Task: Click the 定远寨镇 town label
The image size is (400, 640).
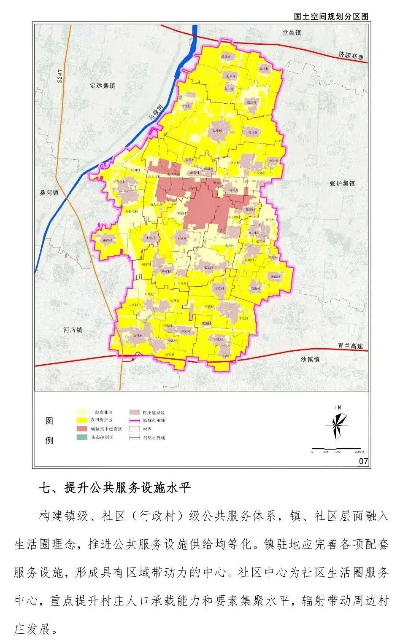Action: pos(102,86)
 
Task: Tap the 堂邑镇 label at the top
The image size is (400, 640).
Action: pos(292,32)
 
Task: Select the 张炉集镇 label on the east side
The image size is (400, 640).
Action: pos(342,183)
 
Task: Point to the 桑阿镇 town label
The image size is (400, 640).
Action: pos(49,193)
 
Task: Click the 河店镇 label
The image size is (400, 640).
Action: pos(73,330)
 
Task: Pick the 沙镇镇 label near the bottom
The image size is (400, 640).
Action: pos(310,359)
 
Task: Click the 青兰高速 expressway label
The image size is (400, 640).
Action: pos(350,346)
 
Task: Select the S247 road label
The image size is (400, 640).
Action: pos(60,75)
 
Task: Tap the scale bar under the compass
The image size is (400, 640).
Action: pos(336,449)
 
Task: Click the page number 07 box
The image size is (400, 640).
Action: pos(363,461)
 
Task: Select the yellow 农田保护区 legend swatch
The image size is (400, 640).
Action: pos(82,420)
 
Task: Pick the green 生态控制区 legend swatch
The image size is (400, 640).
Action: pos(82,437)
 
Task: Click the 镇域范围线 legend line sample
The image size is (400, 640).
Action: pos(135,420)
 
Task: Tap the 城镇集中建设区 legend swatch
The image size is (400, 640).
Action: pos(82,429)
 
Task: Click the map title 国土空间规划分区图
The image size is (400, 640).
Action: pos(331,16)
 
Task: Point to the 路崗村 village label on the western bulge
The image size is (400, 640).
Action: pos(108,240)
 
